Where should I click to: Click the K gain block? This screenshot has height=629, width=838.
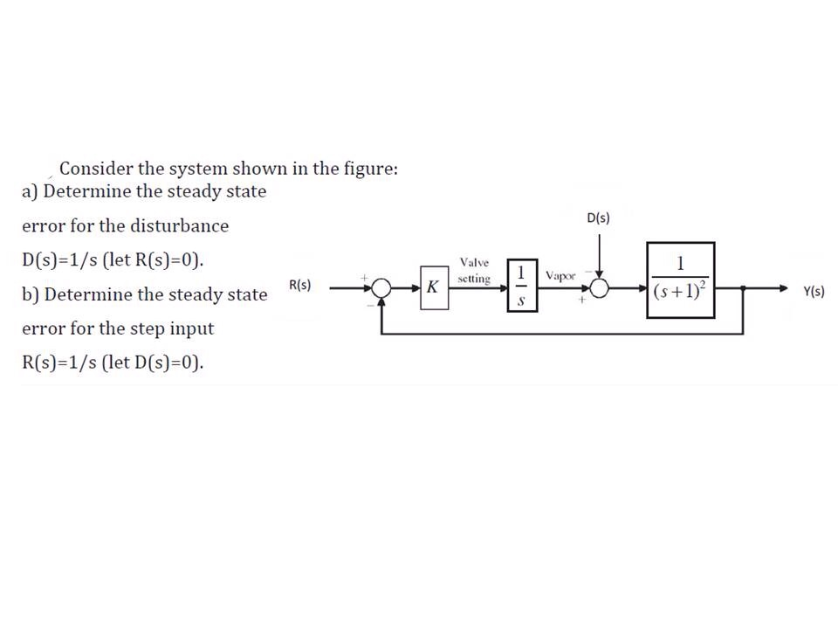432,288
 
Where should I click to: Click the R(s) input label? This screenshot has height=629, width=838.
300,286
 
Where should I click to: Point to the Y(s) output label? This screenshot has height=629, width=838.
814,292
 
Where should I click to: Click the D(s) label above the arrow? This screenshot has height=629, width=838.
599,218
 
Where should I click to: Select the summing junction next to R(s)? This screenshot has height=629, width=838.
381,287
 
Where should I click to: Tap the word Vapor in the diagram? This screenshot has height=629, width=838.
560,275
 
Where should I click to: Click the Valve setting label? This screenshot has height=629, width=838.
474,271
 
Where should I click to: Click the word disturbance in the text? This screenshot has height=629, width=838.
180,226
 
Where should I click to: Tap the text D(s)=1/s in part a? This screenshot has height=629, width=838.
59,260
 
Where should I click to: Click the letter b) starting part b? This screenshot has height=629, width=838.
31,295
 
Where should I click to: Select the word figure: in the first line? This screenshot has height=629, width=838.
370,169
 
